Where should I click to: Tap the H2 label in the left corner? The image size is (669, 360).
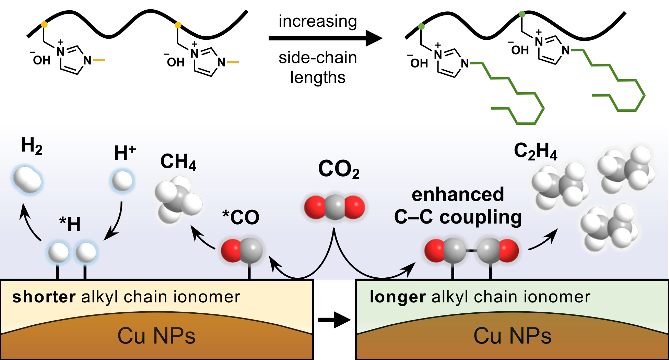[x=32, y=146]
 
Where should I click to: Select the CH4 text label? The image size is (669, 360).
[x=178, y=161]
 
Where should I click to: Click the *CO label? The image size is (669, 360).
[x=241, y=217]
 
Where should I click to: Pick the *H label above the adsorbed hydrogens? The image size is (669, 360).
[x=70, y=224]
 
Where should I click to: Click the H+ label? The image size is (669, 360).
[x=125, y=153]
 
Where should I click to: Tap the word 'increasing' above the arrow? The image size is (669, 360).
[x=318, y=21]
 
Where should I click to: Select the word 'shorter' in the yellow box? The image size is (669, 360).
[x=44, y=297]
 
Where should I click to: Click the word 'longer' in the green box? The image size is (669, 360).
[x=398, y=297]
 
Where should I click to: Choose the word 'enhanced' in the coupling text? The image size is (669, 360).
[x=458, y=194]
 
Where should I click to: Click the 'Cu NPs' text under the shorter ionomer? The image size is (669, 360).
[x=156, y=336]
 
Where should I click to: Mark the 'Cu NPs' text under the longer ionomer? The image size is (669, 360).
[x=512, y=336]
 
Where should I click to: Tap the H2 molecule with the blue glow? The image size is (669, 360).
[x=27, y=180]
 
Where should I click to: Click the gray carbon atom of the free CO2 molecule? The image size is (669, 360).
[x=334, y=207]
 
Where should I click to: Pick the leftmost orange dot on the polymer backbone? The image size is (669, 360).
[x=44, y=24]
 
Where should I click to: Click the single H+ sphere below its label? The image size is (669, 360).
[x=122, y=181]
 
